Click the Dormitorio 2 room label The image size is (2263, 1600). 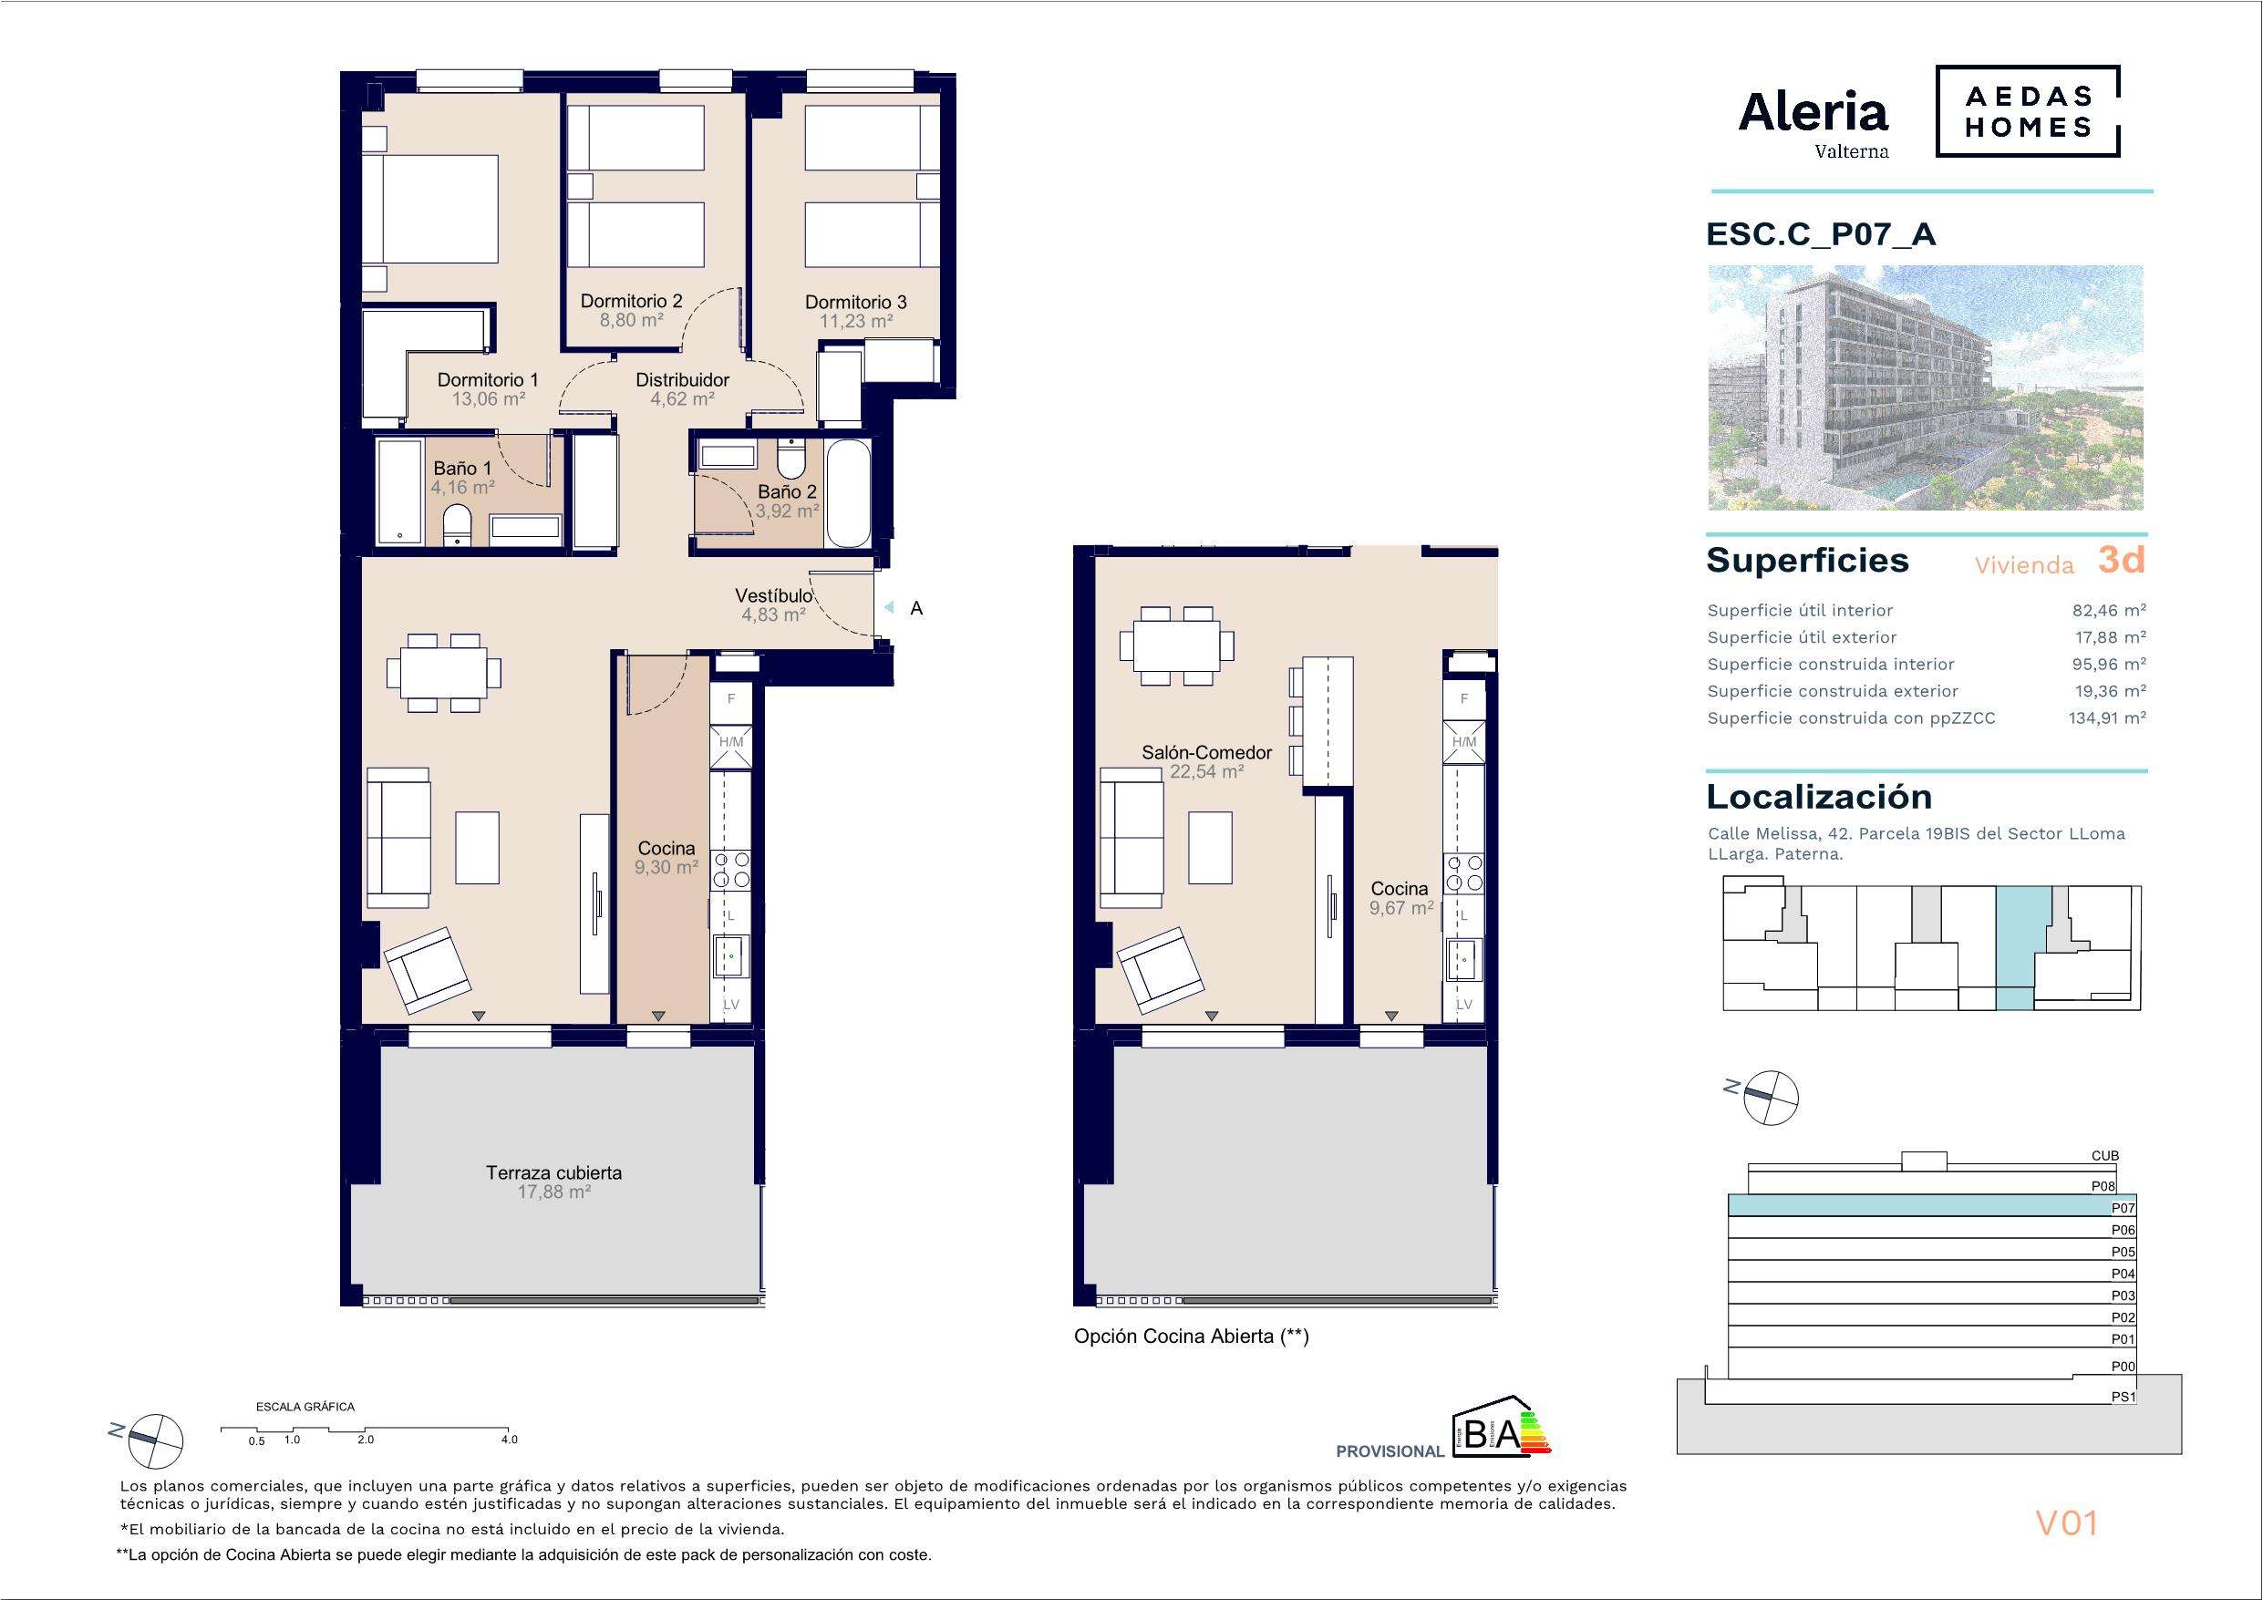[631, 301]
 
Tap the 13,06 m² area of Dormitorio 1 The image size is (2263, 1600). [488, 399]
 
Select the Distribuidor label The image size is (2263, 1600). [682, 379]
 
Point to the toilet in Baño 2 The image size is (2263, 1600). [790, 459]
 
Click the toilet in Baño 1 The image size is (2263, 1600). [458, 524]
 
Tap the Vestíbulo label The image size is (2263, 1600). [774, 595]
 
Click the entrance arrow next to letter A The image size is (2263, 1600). [888, 608]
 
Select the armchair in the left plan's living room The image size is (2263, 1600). [428, 969]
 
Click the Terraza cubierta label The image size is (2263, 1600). [554, 1172]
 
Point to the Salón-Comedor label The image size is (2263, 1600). [1206, 752]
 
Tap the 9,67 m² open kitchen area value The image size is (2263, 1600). [1400, 908]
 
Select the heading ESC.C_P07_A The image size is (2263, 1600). [1821, 233]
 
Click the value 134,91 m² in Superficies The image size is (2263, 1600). [2107, 717]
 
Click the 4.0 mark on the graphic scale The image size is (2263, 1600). [509, 1440]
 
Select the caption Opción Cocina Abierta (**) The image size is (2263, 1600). [1191, 1337]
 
